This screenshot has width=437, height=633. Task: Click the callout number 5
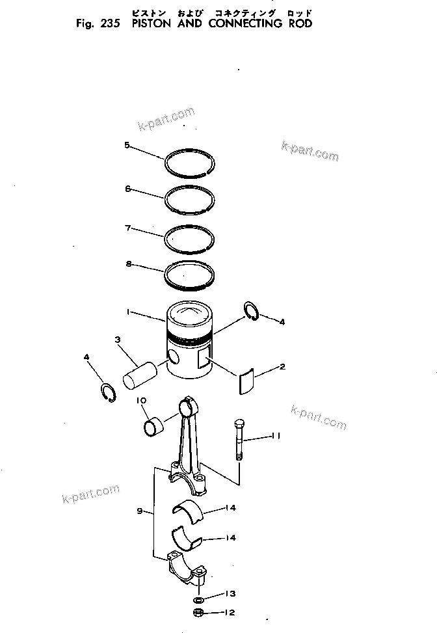coord(127,145)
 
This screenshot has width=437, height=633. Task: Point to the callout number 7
coord(128,228)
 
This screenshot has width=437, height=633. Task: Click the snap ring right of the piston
coord(252,312)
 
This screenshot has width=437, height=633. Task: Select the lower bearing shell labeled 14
coord(189,537)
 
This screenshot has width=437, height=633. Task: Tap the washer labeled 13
coord(200,599)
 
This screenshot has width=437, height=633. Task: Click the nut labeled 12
coord(199,613)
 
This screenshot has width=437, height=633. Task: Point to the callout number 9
coord(140,511)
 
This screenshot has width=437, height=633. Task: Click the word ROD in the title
coord(298,23)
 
